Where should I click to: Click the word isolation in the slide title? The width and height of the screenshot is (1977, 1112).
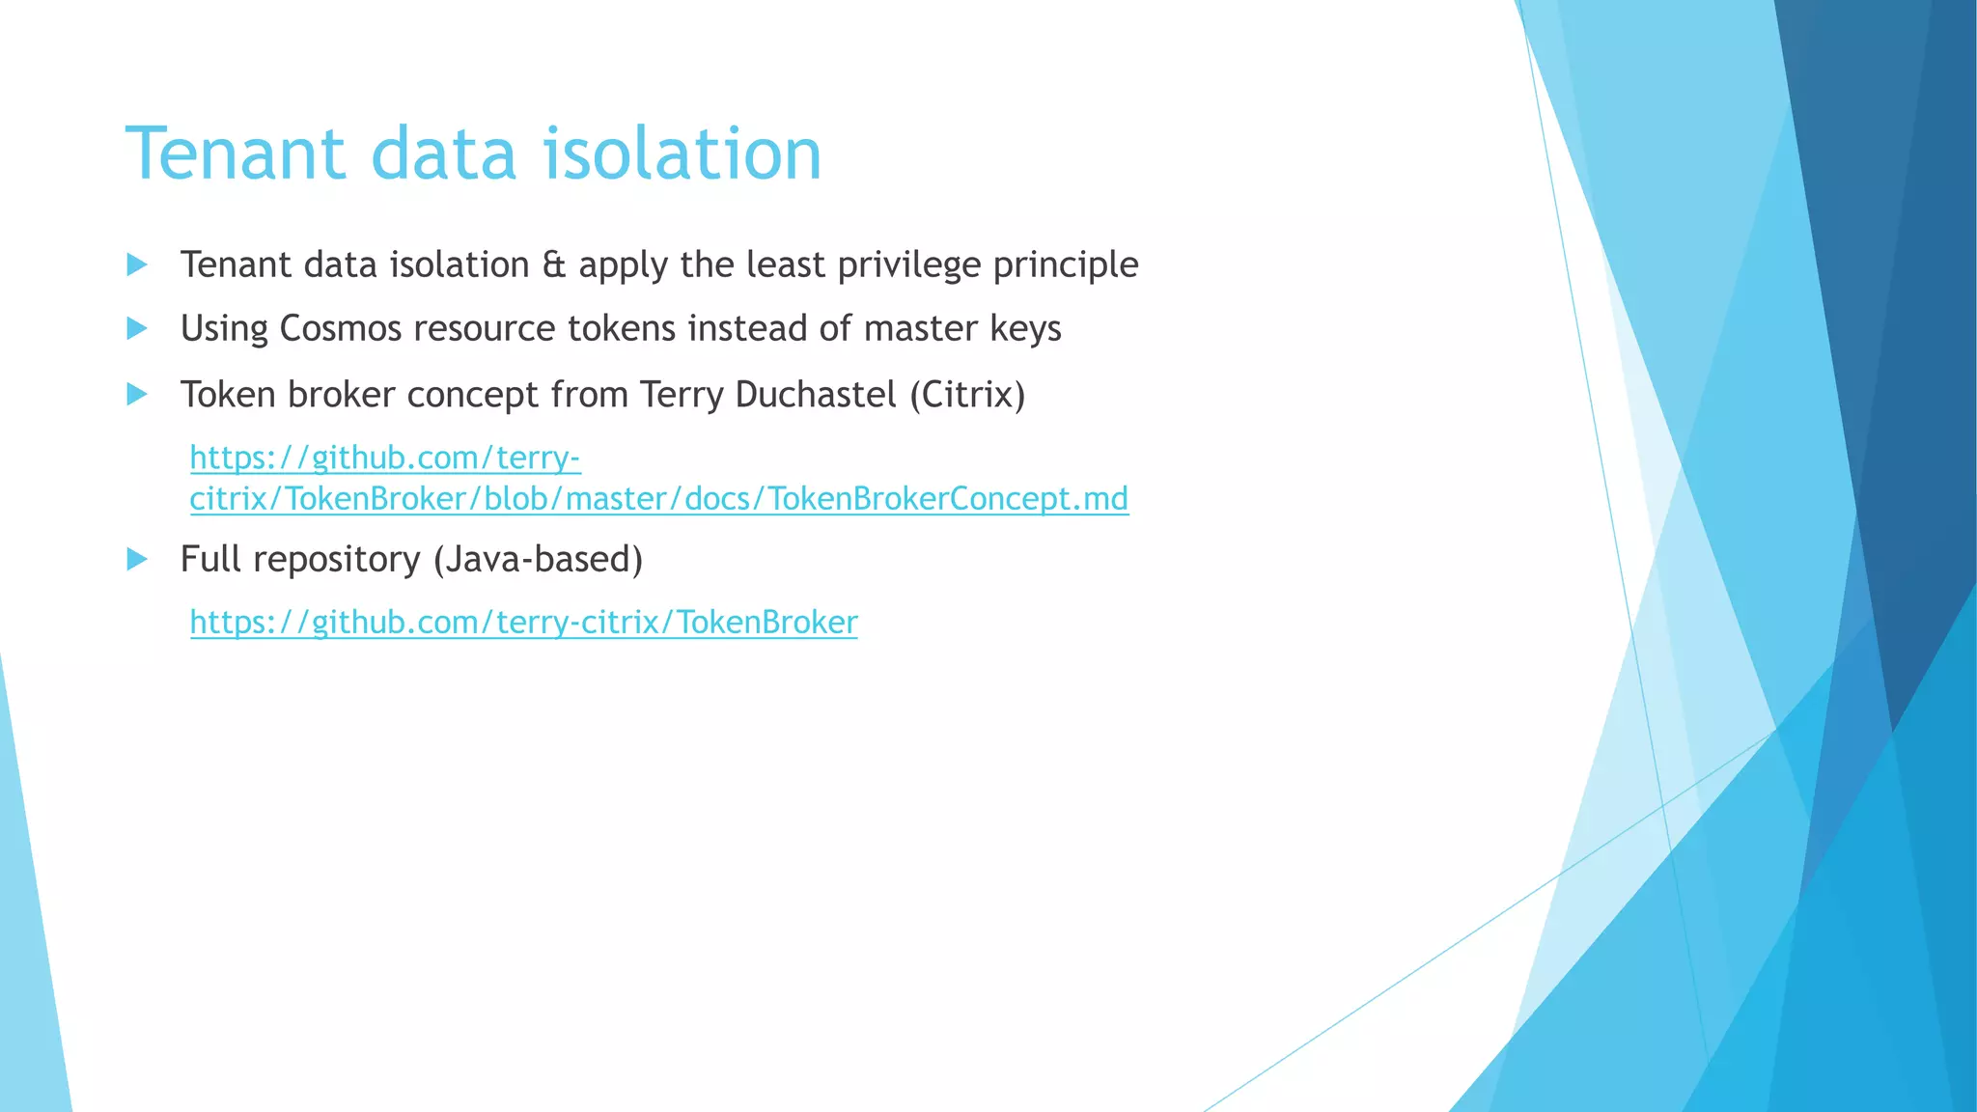click(682, 154)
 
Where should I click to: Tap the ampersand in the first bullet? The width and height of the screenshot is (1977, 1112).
click(553, 265)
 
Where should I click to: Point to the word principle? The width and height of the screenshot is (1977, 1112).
click(1066, 265)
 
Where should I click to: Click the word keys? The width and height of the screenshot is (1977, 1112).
click(1025, 329)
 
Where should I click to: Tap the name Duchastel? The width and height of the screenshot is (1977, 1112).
click(816, 395)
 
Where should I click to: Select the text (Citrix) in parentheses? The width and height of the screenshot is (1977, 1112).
click(967, 395)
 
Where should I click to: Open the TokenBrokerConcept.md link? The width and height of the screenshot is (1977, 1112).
click(658, 499)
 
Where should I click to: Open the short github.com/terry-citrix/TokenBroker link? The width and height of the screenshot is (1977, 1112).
click(523, 623)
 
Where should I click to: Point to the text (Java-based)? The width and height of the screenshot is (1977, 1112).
click(538, 560)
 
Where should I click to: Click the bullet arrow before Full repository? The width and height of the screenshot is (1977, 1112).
click(137, 559)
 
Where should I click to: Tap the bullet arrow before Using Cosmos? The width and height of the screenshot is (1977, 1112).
click(137, 328)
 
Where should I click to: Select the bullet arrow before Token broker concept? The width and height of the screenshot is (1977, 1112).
click(137, 394)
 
